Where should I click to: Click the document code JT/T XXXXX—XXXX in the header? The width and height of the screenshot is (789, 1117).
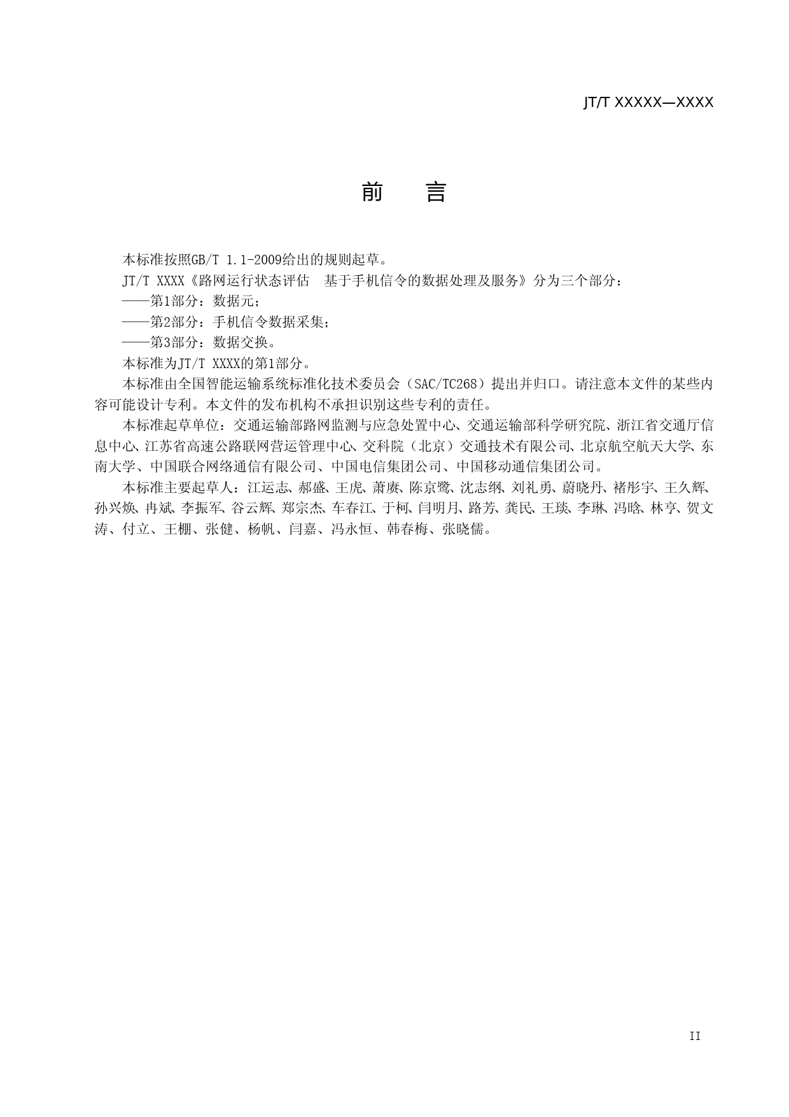pos(648,103)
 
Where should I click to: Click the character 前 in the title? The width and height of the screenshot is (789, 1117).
pos(372,192)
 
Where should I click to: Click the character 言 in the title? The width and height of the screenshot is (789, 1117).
pos(436,192)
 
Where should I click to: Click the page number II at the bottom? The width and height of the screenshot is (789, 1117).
pos(694,1036)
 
